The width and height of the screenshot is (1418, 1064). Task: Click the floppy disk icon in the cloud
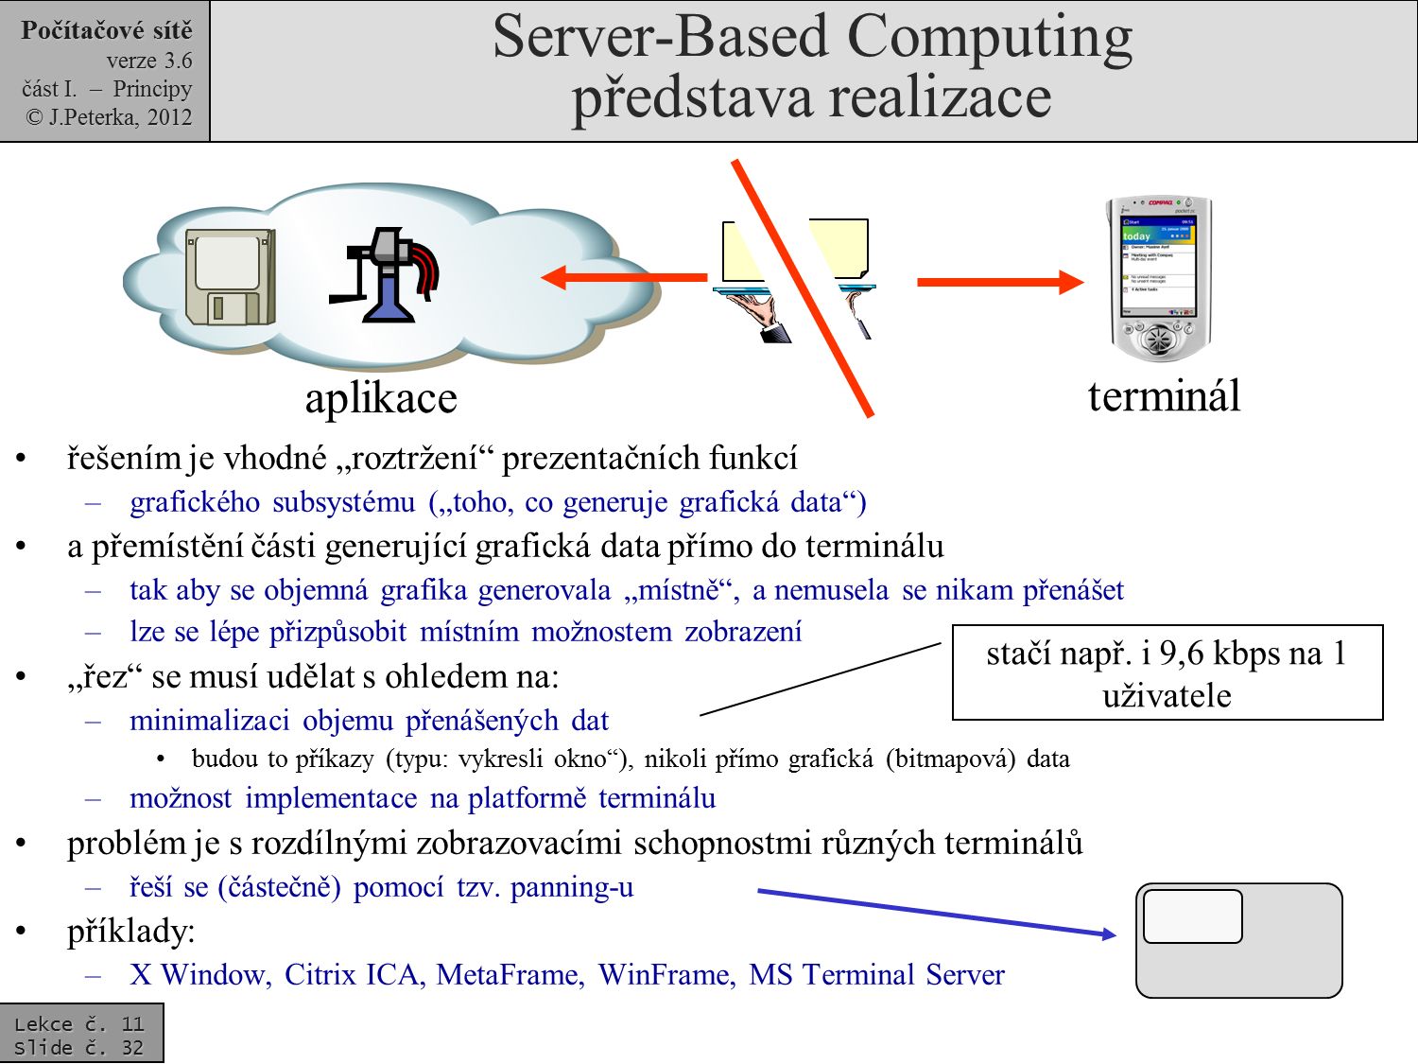point(230,276)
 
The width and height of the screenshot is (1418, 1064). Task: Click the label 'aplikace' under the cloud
point(381,398)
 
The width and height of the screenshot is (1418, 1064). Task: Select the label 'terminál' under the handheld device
point(1164,396)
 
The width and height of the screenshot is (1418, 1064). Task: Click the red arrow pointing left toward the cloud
point(624,277)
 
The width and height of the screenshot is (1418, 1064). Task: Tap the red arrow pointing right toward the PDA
point(1000,282)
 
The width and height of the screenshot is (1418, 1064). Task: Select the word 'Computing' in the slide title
point(989,38)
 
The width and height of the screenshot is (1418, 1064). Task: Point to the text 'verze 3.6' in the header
point(148,61)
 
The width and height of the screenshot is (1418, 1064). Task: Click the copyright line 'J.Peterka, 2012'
point(110,117)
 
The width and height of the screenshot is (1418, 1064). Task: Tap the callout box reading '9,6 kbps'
point(1167,672)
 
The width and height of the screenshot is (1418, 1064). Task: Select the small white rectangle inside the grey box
point(1192,916)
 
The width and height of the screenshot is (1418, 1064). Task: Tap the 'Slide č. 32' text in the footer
point(79,1048)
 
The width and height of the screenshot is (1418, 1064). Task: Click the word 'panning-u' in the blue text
point(572,888)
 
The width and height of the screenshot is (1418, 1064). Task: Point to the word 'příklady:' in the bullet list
point(130,932)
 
